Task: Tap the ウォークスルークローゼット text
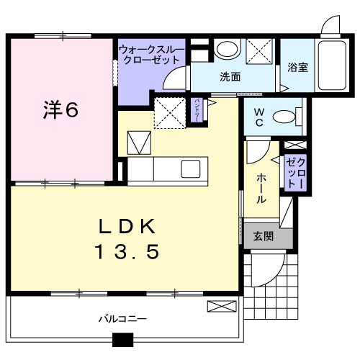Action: pyautogui.click(x=151, y=55)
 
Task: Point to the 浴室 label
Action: pyautogui.click(x=298, y=68)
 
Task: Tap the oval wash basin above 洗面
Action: pyautogui.click(x=228, y=50)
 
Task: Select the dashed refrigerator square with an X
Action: pyautogui.click(x=170, y=112)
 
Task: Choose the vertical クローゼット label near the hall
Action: pyautogui.click(x=296, y=174)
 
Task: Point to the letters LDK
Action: pyautogui.click(x=127, y=227)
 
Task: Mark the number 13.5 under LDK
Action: pyautogui.click(x=127, y=253)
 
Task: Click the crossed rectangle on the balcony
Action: pyautogui.click(x=221, y=307)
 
